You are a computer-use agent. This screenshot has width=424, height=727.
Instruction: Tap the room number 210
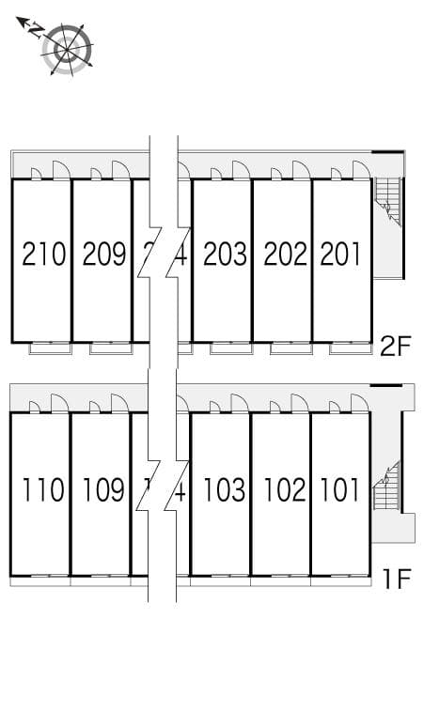click(43, 254)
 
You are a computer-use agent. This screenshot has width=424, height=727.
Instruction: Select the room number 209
click(103, 254)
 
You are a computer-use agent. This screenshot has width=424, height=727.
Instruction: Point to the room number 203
click(224, 254)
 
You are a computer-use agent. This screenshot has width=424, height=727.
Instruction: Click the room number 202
click(285, 254)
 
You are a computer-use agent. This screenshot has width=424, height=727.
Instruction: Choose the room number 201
click(340, 254)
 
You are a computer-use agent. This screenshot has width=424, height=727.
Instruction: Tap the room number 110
click(43, 489)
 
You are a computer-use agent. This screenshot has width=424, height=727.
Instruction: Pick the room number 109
click(102, 489)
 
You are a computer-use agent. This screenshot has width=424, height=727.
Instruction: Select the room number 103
click(223, 489)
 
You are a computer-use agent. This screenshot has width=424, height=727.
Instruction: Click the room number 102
click(283, 489)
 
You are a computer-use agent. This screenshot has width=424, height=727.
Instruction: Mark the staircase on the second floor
click(387, 202)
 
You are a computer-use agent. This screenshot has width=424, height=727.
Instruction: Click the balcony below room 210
click(50, 348)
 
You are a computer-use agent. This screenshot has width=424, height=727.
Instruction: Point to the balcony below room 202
click(291, 348)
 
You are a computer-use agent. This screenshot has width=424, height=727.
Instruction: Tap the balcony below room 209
click(110, 348)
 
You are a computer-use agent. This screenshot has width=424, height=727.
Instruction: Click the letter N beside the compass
click(34, 30)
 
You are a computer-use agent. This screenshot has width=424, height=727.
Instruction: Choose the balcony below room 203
click(230, 348)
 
